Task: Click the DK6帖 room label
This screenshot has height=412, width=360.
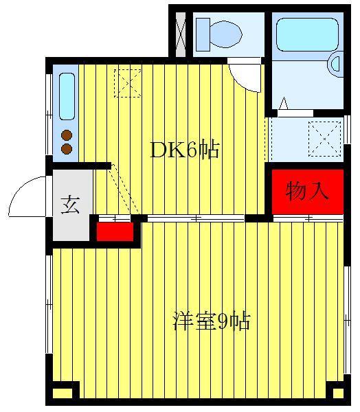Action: pos(184,150)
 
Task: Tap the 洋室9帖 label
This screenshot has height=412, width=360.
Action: pos(211,321)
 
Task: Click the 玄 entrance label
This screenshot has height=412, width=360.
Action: pos(70,205)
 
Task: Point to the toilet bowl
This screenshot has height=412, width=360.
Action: pos(226,34)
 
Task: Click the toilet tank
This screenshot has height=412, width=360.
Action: pos(203,34)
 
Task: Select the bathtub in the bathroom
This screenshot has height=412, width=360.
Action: pos(307,34)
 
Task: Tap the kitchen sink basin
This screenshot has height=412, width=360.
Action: pos(67,96)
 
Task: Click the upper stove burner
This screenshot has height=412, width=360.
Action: pos(67,135)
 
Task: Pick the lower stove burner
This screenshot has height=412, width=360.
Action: pos(67,149)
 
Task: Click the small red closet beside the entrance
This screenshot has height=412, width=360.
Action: pos(115,232)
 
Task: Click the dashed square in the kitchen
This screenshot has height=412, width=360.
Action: pos(128,83)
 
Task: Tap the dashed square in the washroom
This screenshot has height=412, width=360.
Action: pos(324,139)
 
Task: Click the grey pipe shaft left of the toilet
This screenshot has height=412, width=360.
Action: pos(181,34)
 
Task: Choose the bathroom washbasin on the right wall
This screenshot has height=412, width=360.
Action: pos(337,64)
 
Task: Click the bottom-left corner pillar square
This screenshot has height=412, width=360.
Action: pos(63,393)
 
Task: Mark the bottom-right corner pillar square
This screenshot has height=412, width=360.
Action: pos(338,393)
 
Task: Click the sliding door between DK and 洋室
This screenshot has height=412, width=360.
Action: pos(196,218)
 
